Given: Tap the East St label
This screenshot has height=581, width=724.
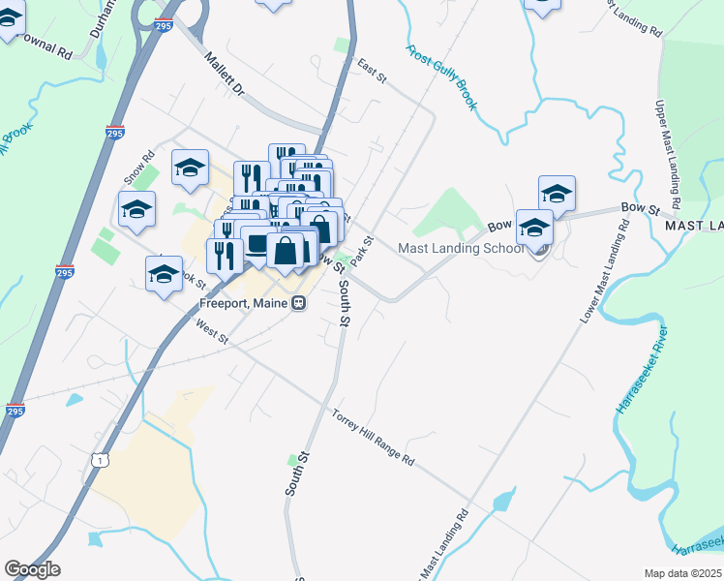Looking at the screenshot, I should click(x=371, y=67).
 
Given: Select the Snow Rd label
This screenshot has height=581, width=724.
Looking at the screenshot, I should click(x=138, y=167).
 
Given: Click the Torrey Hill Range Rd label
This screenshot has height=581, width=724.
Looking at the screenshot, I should click(x=373, y=437).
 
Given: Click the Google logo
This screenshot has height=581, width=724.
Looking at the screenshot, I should click(x=32, y=569).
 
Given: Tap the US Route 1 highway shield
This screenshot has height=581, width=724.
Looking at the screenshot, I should click(x=101, y=461).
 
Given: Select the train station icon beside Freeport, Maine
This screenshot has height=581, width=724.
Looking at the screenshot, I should click(x=299, y=302).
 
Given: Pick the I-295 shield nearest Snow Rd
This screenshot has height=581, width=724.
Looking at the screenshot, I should click(x=115, y=134).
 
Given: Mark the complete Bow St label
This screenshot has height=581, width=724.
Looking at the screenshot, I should click(x=640, y=208).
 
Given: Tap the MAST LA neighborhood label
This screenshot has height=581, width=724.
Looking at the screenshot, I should click(x=693, y=226).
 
